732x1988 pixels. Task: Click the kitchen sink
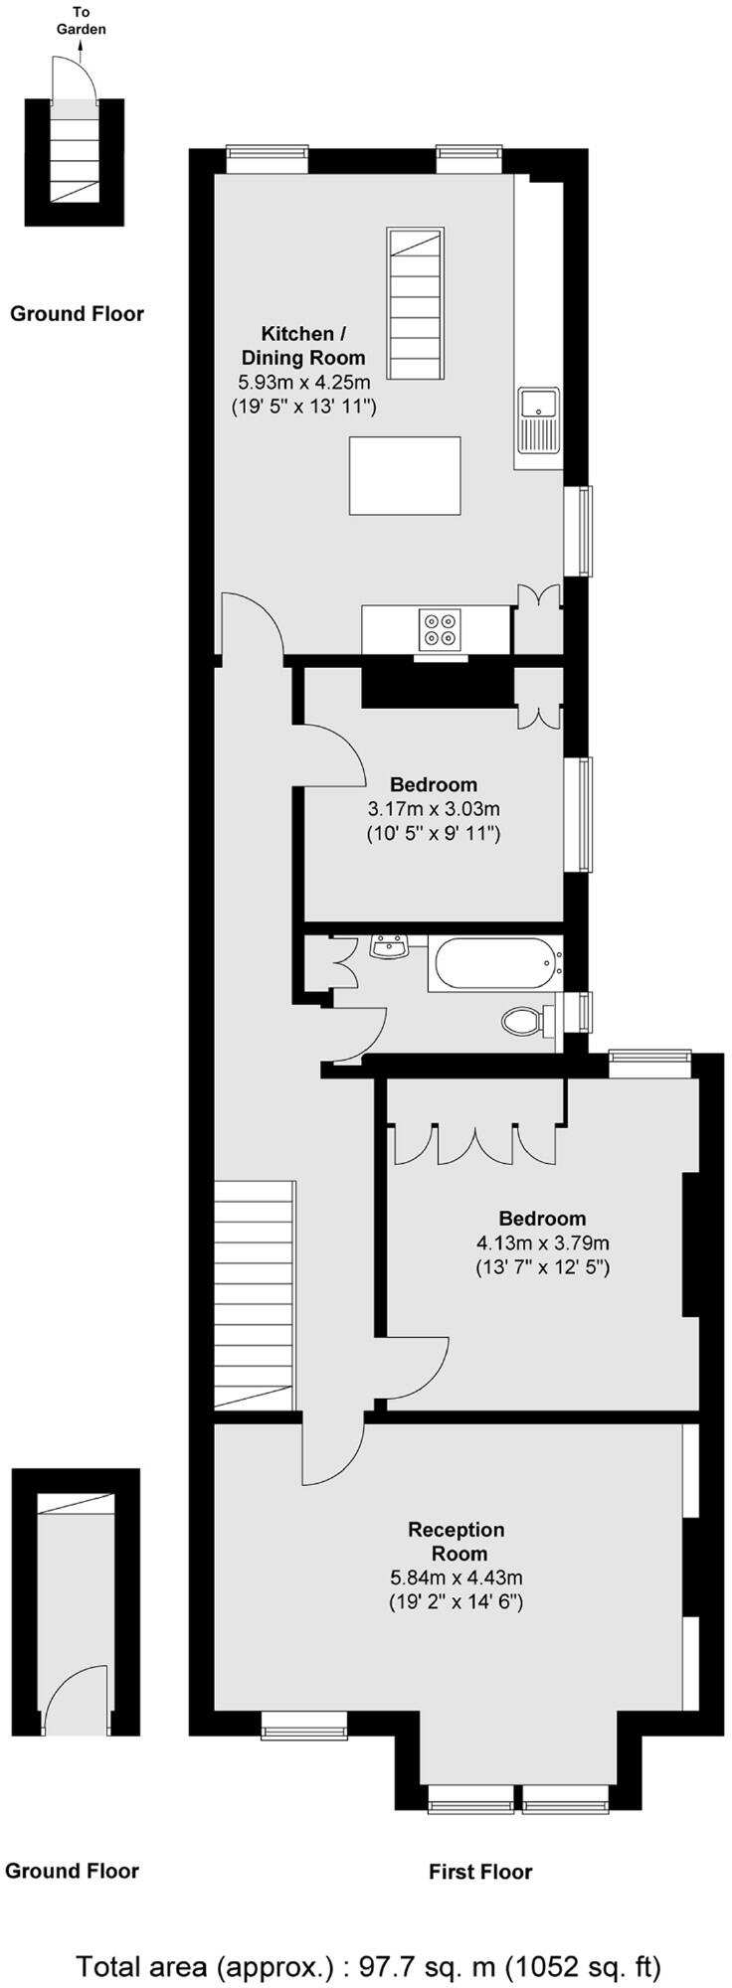(538, 419)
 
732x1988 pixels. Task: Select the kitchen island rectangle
(405, 475)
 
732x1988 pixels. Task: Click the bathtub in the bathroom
(494, 962)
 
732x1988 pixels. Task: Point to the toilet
(524, 1020)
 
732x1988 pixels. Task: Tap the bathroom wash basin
(389, 947)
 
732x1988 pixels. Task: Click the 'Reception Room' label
(457, 1541)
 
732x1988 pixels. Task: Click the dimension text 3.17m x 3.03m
(434, 809)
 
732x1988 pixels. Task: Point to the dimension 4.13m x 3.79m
(543, 1242)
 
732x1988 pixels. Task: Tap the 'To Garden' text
(81, 21)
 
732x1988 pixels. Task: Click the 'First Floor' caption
(480, 1872)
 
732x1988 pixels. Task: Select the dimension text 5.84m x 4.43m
(457, 1577)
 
